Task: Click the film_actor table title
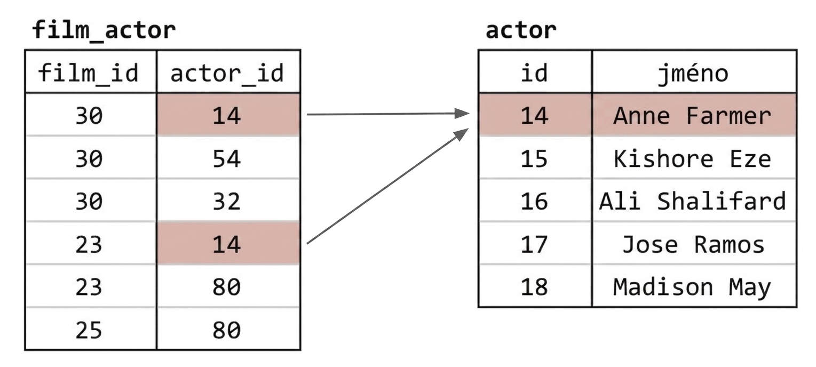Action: pyautogui.click(x=104, y=30)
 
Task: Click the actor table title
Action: pyautogui.click(x=521, y=30)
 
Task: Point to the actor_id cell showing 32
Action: pyautogui.click(x=227, y=201)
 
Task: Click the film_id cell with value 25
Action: pyautogui.click(x=89, y=330)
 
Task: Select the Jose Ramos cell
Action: pyautogui.click(x=693, y=244)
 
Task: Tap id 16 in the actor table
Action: pyautogui.click(x=534, y=201)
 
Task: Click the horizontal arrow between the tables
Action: pyautogui.click(x=388, y=114)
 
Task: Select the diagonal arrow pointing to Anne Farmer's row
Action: pyautogui.click(x=387, y=186)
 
